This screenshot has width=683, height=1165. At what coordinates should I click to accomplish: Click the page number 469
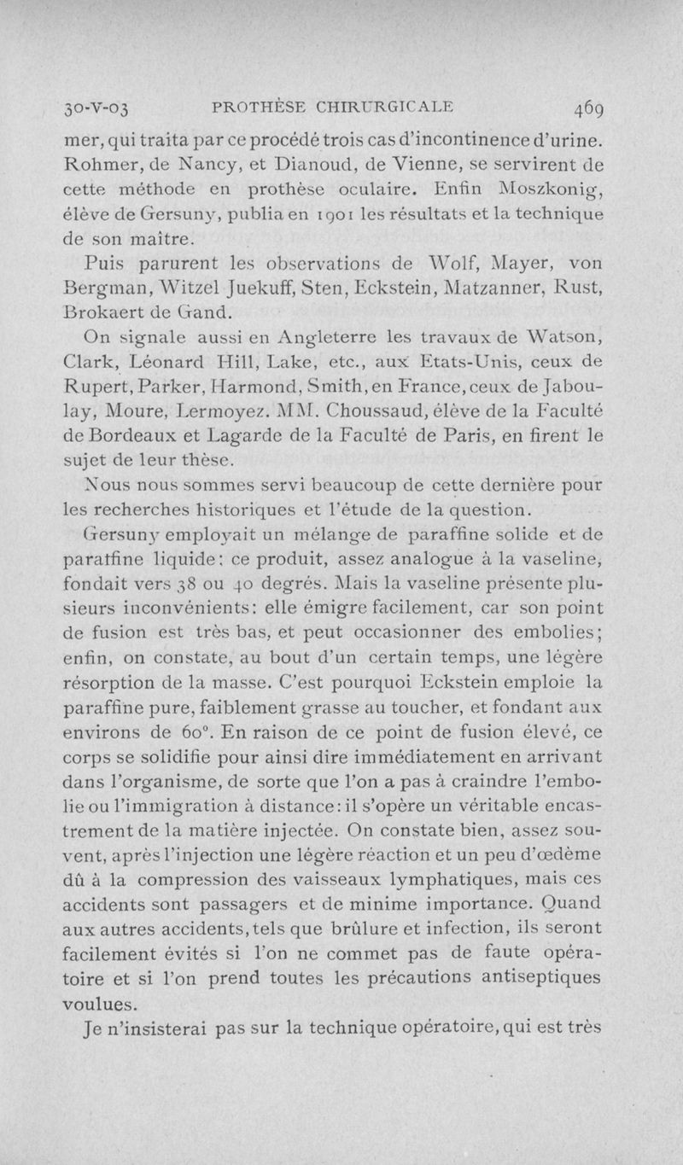(583, 108)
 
